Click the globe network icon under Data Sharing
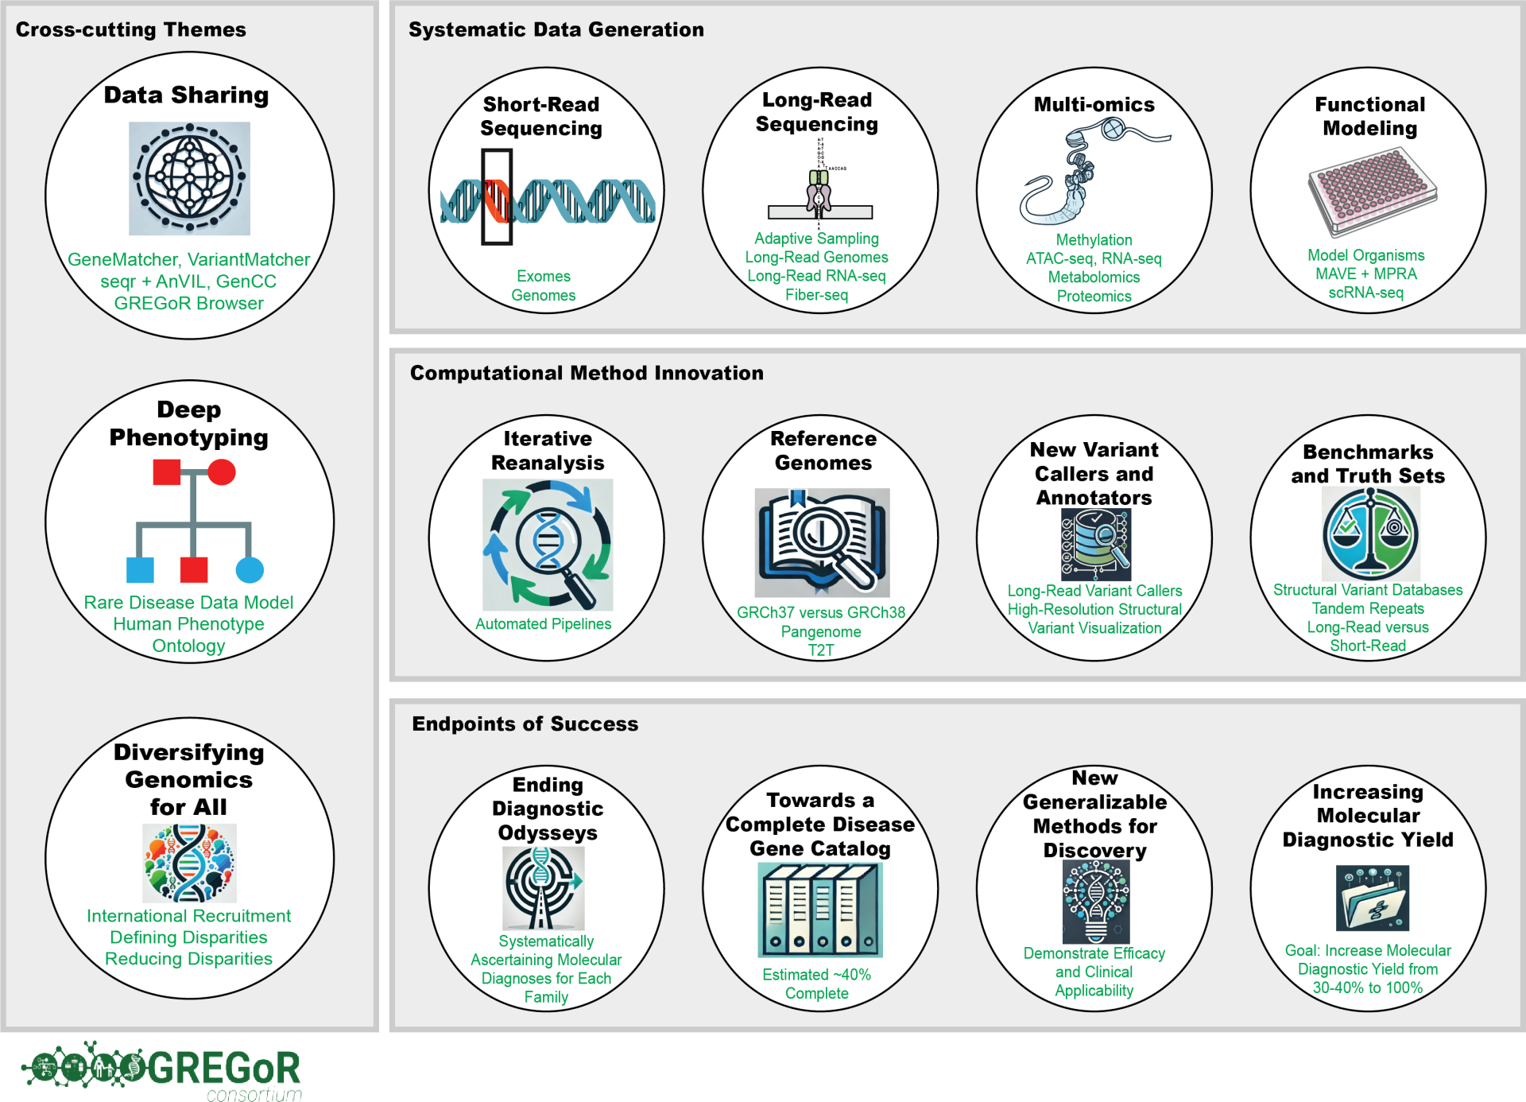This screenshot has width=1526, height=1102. coord(189,178)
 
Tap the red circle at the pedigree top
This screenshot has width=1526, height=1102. coord(222,472)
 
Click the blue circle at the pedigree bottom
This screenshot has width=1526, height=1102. coord(250,570)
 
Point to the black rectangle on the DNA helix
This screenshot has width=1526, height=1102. coord(497,196)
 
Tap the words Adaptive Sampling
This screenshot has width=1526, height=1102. coord(816,239)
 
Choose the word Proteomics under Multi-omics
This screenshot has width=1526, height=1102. coord(1094,296)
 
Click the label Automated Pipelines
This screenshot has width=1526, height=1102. coord(544,624)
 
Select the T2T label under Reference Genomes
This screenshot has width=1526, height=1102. coord(821,650)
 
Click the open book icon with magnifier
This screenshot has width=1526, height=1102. coord(822,543)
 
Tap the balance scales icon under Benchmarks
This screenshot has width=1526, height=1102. coord(1370,534)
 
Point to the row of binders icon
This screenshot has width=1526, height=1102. coord(820,910)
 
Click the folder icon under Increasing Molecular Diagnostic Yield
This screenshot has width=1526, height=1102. coord(1373,898)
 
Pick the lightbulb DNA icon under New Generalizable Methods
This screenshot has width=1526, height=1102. coord(1096,902)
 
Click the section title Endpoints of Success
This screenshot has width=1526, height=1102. coord(525,724)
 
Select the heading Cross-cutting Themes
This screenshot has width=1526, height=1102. coord(131,29)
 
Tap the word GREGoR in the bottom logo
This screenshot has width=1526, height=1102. coord(224,1068)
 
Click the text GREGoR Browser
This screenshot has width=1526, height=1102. coord(188,303)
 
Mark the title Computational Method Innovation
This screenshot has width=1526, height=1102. coord(587,373)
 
